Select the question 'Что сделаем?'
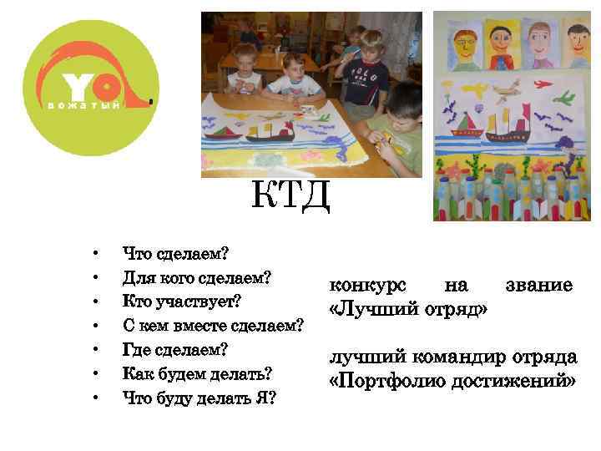[175, 251]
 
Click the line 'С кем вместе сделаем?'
[213, 324]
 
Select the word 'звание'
[539, 286]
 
